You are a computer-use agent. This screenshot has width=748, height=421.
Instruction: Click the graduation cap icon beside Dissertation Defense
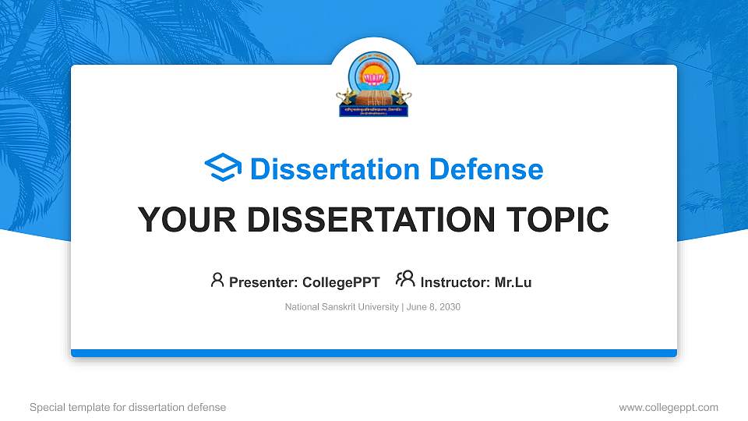[x=223, y=168]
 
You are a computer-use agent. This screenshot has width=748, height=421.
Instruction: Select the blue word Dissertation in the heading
[x=334, y=168]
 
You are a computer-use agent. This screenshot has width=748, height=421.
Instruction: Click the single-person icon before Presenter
[x=217, y=280]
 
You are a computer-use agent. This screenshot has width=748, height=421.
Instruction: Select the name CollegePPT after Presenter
[x=340, y=282]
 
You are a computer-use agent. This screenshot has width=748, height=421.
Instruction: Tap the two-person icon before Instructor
[x=405, y=279]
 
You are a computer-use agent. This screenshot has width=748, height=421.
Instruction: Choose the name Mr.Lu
[x=513, y=282]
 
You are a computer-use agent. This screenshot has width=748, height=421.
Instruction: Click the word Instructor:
[x=456, y=282]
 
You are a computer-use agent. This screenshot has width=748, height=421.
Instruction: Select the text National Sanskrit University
[x=342, y=307]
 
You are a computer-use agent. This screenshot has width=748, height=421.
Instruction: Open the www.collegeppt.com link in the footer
[x=669, y=407]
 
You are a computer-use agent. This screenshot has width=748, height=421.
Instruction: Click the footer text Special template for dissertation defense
[x=128, y=407]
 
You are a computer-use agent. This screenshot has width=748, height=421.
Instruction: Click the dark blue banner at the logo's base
[x=374, y=111]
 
